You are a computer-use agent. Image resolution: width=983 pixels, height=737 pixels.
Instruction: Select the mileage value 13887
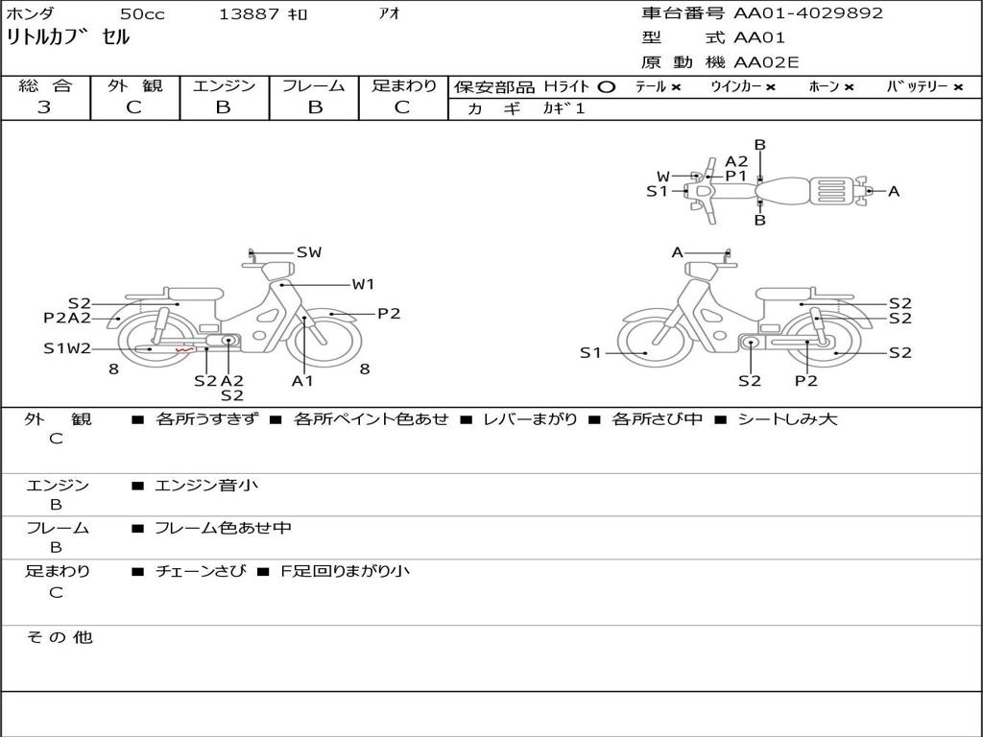point(249,14)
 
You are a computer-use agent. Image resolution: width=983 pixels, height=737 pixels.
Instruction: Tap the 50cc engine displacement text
point(142,14)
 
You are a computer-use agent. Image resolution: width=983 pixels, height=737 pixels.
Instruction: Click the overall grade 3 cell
point(45,107)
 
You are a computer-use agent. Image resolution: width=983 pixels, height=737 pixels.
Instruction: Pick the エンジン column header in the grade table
point(224,86)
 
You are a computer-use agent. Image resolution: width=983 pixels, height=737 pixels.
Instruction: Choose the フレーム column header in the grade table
point(313,86)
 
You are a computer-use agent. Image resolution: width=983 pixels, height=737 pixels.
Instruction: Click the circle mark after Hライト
point(606,86)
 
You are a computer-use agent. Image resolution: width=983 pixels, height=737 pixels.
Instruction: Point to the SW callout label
point(308,252)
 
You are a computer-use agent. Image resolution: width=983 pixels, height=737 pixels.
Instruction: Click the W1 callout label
point(363,284)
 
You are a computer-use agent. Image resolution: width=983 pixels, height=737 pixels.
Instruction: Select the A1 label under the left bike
point(303,381)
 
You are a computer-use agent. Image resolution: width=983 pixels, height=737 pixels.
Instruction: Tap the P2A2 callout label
point(67,319)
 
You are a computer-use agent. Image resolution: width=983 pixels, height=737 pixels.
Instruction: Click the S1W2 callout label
point(67,348)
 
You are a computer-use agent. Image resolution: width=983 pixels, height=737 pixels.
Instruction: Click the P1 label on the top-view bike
point(736,176)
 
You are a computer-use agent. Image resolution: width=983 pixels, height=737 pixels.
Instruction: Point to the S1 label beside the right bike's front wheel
point(590,353)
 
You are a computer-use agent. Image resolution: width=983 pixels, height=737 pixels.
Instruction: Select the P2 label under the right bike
point(806,381)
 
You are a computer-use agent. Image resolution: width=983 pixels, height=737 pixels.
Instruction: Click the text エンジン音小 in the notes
point(206,486)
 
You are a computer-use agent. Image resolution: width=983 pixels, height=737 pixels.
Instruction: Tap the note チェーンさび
point(199,571)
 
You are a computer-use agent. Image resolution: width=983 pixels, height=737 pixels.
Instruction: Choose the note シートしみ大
point(787,419)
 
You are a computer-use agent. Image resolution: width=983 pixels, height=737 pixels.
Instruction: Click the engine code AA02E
point(767,62)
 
